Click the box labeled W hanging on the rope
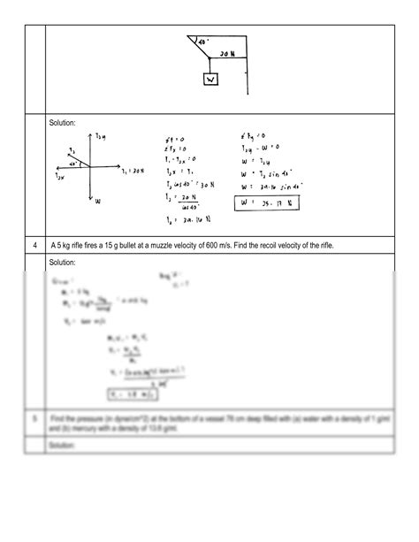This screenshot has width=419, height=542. pos(210,80)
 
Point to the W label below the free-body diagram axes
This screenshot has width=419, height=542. pos(97,202)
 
